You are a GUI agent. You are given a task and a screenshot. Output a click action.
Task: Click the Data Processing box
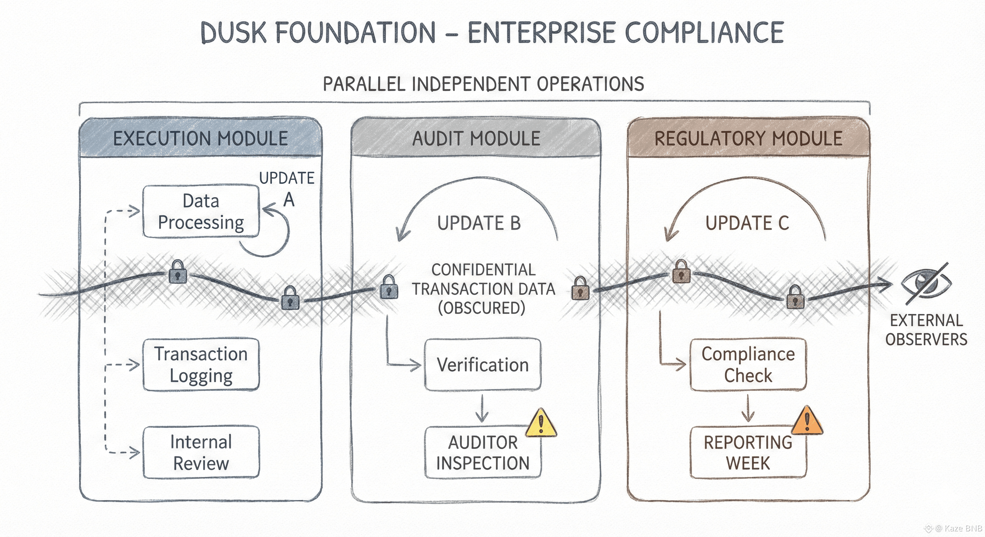[201, 212]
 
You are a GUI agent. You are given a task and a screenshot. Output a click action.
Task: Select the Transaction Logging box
[201, 365]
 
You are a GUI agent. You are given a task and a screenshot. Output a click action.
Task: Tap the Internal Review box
[201, 452]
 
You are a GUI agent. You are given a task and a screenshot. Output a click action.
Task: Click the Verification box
[483, 365]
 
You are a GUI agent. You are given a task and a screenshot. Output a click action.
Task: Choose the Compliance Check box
[748, 365]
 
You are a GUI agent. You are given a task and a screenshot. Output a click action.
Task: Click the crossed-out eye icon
[927, 284]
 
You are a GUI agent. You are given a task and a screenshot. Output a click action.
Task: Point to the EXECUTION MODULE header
[200, 138]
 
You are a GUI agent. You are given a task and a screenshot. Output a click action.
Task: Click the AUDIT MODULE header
[476, 138]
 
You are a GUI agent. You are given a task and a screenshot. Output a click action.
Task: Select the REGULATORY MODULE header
[748, 138]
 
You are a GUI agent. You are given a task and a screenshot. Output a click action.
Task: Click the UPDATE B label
[479, 223]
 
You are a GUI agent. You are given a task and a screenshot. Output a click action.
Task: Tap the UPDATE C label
[747, 223]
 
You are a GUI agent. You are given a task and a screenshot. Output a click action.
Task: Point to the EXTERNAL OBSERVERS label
[926, 330]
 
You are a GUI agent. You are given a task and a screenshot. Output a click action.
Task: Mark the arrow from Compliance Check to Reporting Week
[747, 408]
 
